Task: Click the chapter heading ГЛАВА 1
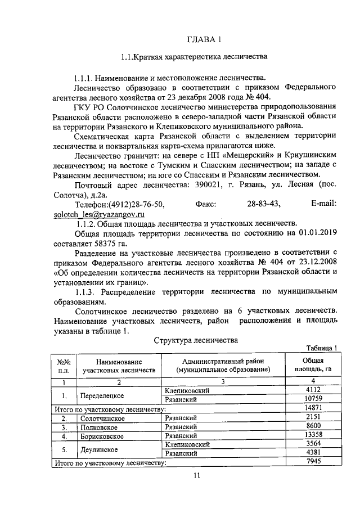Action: [204, 39]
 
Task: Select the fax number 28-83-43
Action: [264, 204]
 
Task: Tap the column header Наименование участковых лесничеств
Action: [119, 366]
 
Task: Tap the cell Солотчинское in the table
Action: [104, 418]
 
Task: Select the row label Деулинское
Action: [99, 449]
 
